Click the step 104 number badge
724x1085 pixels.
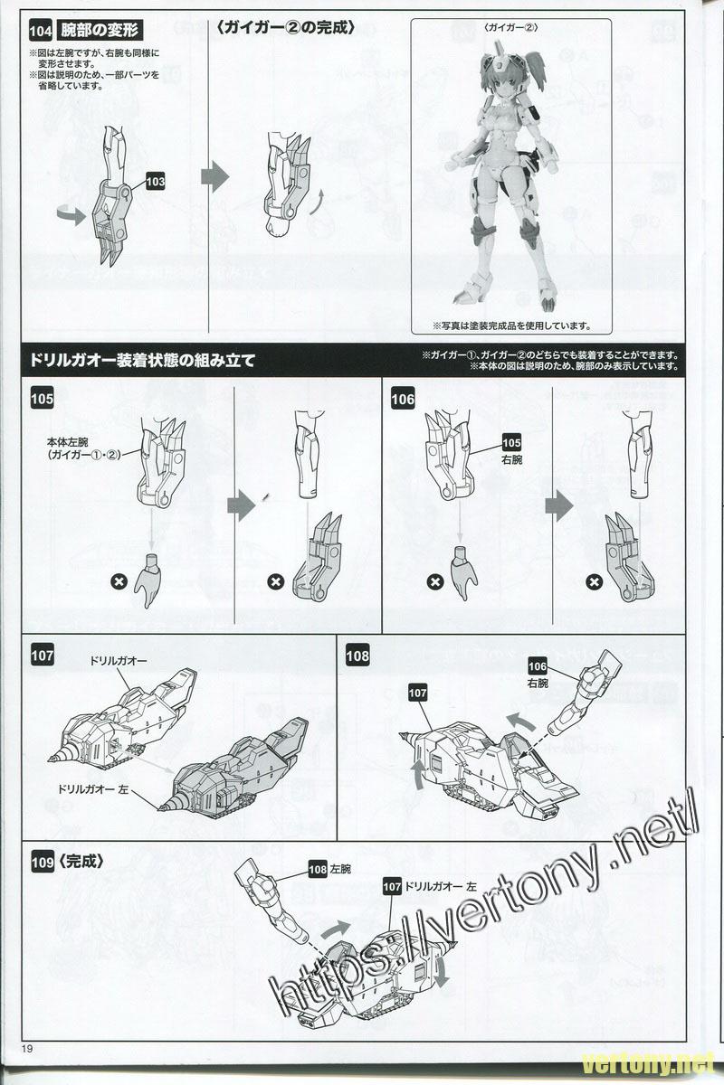[41, 32]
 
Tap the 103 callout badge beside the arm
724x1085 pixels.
[155, 182]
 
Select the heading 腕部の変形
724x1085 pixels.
[100, 31]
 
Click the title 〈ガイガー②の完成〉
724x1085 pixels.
[287, 28]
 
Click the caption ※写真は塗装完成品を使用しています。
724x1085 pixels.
[511, 325]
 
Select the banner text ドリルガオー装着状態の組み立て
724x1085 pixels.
[143, 361]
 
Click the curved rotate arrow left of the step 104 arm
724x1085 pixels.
[71, 215]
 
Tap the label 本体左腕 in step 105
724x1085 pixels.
[68, 442]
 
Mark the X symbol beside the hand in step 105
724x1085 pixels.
[119, 581]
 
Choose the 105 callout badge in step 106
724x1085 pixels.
[511, 443]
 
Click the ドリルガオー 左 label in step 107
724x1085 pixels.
[93, 788]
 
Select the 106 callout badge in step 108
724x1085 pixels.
[538, 666]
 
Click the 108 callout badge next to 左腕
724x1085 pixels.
[318, 870]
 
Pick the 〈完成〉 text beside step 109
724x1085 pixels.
[81, 862]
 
